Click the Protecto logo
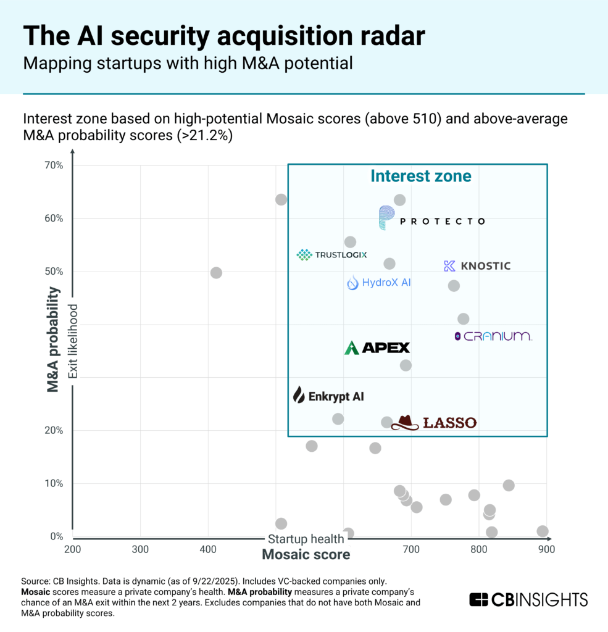[x=431, y=219]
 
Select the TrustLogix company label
[x=331, y=254]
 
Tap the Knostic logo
[x=477, y=266]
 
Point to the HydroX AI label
[x=378, y=283]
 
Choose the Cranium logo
[x=493, y=336]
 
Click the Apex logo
[x=377, y=347]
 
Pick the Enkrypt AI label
[x=328, y=396]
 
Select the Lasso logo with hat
[x=434, y=423]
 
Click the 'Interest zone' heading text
[x=420, y=176]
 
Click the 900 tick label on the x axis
[x=546, y=549]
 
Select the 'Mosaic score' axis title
[x=306, y=554]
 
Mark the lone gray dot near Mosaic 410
[x=216, y=273]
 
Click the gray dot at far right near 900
[x=543, y=531]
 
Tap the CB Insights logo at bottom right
[x=528, y=599]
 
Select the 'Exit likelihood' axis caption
[x=73, y=341]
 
